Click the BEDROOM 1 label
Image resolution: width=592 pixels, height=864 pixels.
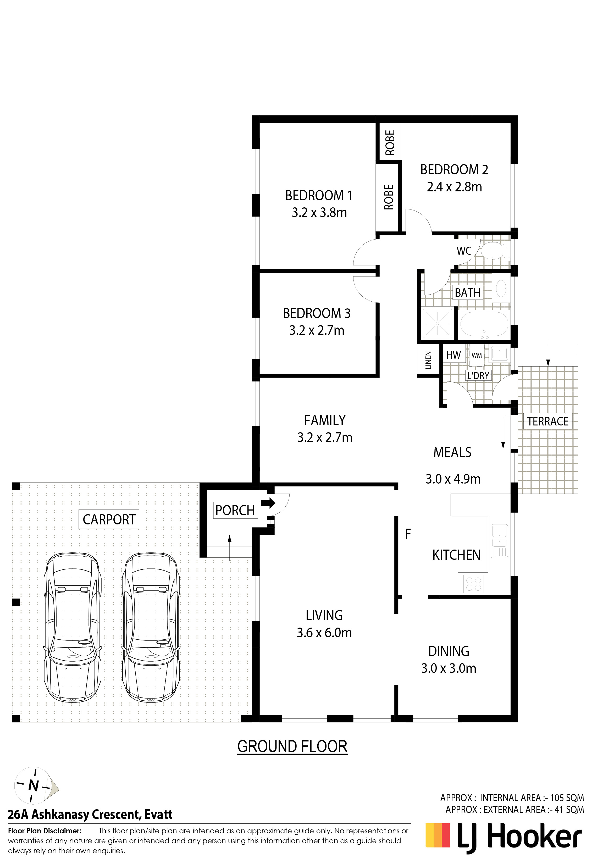(x=318, y=196)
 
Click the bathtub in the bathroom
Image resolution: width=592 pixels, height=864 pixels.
(x=484, y=324)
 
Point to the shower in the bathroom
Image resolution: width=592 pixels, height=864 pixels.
(x=437, y=323)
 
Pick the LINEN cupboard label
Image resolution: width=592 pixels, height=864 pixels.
(x=428, y=360)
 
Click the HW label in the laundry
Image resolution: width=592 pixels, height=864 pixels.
(x=453, y=355)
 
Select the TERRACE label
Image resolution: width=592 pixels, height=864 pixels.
(x=547, y=421)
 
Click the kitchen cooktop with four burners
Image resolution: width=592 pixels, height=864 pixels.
(x=474, y=584)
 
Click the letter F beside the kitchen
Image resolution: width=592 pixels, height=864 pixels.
(x=408, y=534)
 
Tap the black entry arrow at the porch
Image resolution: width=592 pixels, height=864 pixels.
(x=268, y=503)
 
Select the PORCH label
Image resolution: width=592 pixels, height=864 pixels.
(x=235, y=511)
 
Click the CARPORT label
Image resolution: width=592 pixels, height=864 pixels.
(x=109, y=519)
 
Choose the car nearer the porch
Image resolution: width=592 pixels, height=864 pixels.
(x=151, y=628)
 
